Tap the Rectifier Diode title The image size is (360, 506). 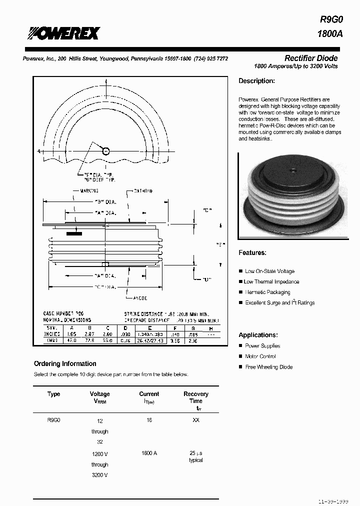311,58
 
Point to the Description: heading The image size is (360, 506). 256,81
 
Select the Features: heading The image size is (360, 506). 252,253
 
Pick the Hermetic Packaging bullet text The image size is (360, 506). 267,292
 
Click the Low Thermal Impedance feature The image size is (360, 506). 271,282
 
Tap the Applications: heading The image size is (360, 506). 257,335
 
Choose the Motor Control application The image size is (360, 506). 260,356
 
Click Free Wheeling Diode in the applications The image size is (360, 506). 268,367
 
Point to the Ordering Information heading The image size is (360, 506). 65,363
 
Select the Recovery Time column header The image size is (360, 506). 195,397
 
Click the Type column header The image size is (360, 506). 53,394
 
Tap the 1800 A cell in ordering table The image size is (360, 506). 149,453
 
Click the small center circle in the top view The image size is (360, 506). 105,151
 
